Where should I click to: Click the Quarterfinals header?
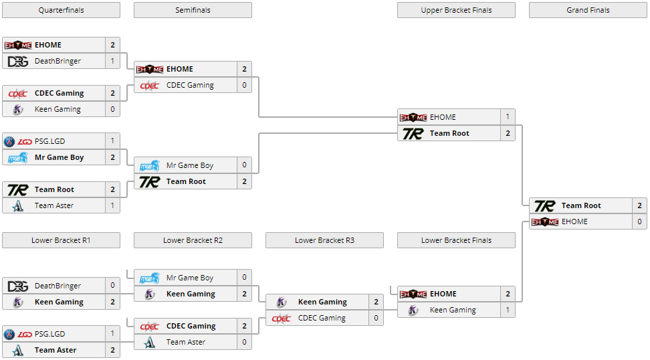[x=61, y=10]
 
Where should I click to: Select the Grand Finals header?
[x=588, y=10]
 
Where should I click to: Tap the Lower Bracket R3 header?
[x=324, y=240]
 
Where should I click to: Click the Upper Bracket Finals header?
[x=456, y=10]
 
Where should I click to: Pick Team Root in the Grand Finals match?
[x=580, y=205]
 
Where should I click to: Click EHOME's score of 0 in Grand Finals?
[x=639, y=221]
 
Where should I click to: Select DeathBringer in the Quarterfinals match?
[x=58, y=61]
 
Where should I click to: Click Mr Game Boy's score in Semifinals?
[x=244, y=165]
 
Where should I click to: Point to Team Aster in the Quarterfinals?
[x=54, y=205]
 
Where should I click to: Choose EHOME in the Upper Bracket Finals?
[x=443, y=117]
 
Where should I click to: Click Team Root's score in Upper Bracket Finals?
[x=508, y=133]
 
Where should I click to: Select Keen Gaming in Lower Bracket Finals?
[x=453, y=310]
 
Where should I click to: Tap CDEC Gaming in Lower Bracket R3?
[x=322, y=318]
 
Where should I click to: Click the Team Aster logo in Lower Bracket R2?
[x=150, y=342]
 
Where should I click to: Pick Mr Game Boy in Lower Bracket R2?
[x=190, y=278]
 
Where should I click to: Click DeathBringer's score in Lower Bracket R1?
[x=112, y=286]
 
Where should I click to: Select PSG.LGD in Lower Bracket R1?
[x=49, y=334]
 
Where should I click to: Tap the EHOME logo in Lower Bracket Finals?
[x=413, y=294]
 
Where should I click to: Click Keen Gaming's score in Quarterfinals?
[x=112, y=109]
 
